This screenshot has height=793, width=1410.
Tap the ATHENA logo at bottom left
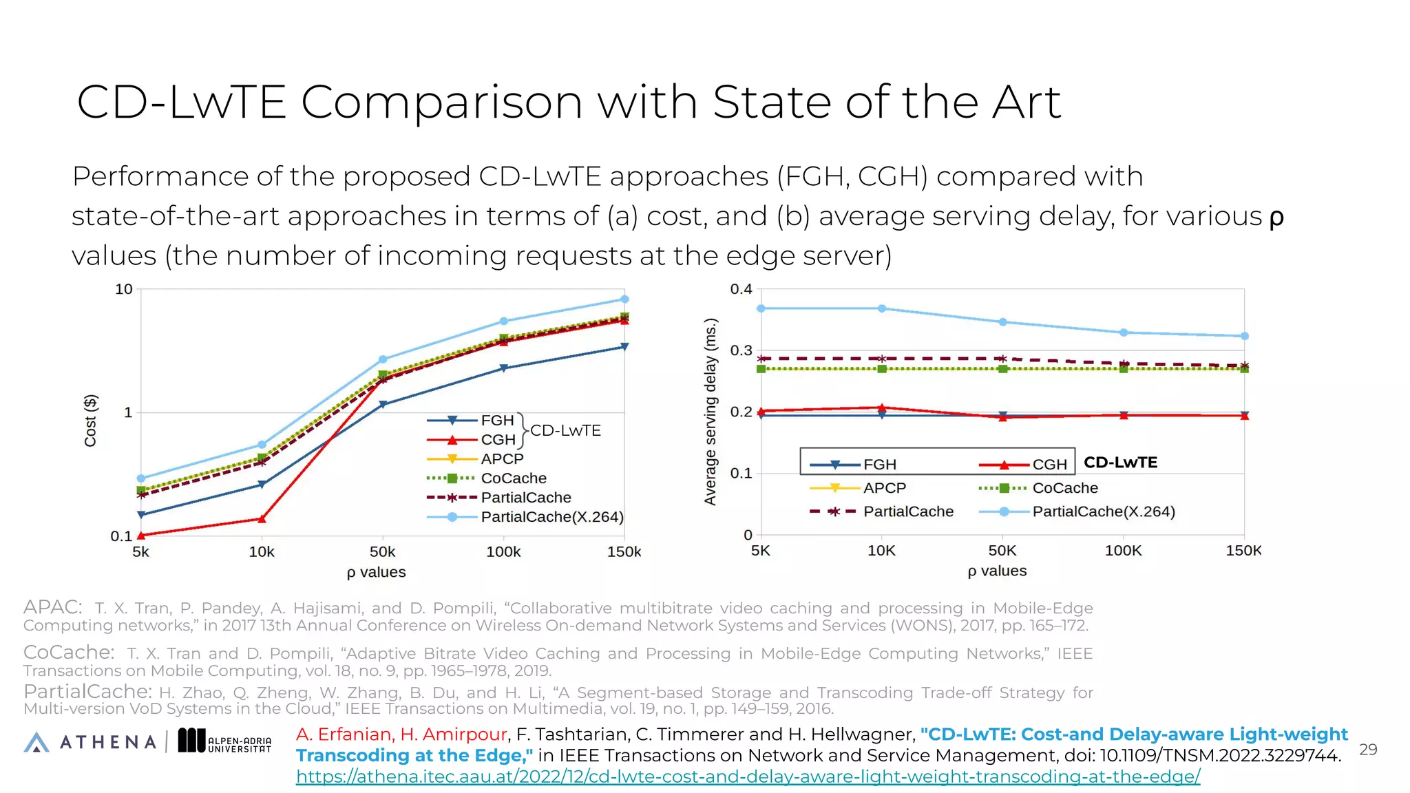90,741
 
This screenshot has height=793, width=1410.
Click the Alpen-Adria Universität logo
225,741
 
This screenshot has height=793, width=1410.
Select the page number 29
1367,750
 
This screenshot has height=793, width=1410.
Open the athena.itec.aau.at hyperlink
748,776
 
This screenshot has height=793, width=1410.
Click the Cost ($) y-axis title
90,421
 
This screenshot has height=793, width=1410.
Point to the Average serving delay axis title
710,412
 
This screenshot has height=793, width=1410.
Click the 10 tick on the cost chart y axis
124,290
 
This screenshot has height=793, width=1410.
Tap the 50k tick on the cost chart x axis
382,552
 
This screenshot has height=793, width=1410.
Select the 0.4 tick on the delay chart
741,289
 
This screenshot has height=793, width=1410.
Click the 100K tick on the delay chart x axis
1123,551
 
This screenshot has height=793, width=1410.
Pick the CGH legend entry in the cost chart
497,440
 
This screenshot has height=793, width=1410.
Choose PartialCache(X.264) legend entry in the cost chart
551,517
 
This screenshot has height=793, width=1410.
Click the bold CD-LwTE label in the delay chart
1120,463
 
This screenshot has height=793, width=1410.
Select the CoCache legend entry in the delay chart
1064,488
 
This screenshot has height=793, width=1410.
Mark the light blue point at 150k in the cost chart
624,299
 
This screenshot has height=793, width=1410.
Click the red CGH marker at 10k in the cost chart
262,519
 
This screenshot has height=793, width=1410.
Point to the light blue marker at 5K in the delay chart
761,308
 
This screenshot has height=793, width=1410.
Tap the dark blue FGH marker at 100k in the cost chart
503,369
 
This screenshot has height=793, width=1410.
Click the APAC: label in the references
52,607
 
